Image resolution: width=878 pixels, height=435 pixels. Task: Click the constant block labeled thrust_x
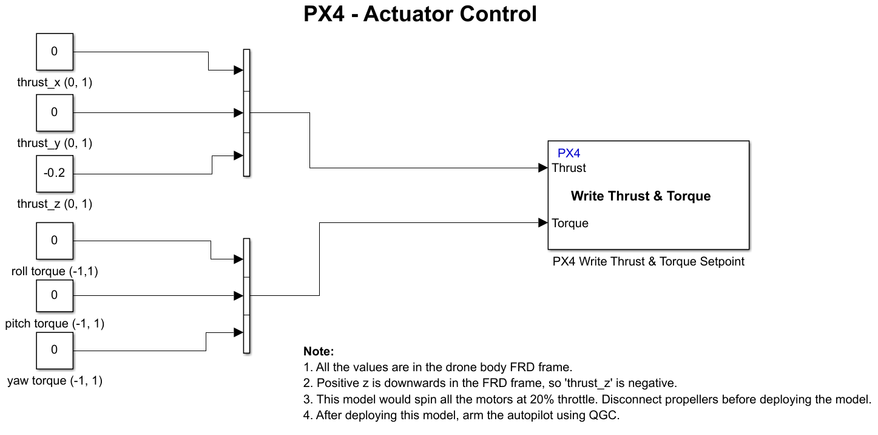coord(54,52)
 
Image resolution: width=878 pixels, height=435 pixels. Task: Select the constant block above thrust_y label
coord(54,113)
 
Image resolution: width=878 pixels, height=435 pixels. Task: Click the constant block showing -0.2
coord(54,174)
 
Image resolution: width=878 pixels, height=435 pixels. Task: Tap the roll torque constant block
coord(54,241)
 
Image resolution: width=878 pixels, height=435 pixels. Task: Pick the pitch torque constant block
coord(54,296)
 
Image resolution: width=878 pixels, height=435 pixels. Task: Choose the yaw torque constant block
coord(54,351)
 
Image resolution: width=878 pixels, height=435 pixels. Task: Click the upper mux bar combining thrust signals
coord(246,113)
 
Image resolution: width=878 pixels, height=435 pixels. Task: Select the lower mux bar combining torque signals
coord(246,296)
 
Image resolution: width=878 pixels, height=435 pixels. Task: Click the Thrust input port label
coord(569,168)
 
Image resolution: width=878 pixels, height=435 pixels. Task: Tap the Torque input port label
coord(570,224)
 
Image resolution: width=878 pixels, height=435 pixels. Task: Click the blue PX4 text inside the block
coord(569,154)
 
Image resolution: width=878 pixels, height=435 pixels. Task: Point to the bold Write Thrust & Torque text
coord(641,196)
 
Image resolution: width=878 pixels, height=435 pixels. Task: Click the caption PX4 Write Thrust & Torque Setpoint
coord(648,262)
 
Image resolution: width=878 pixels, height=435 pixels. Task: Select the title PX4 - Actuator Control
coord(420,14)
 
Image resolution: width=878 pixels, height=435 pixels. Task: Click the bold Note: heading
coord(319,352)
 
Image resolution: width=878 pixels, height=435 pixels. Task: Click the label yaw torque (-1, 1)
coord(55,382)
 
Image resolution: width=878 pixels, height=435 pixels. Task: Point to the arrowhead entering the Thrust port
coord(543,168)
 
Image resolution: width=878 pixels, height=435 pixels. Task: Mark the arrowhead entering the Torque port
coord(543,223)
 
